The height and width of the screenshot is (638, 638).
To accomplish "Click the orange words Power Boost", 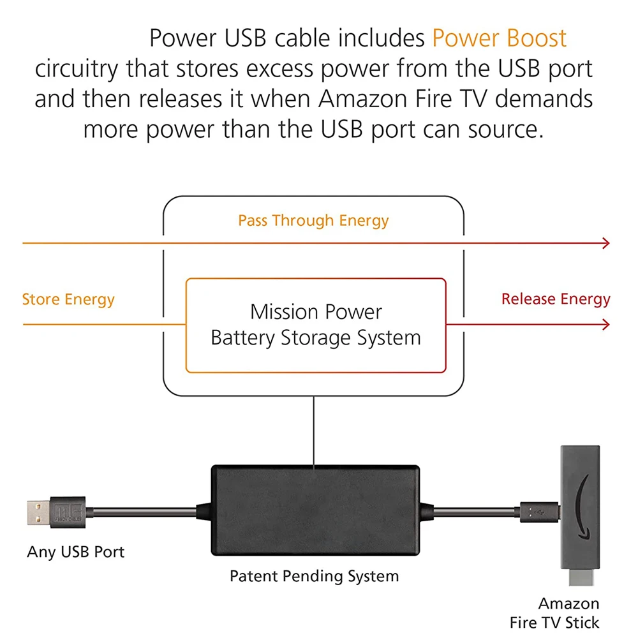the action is coord(500,38).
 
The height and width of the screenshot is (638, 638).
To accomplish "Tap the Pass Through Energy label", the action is coord(313,221).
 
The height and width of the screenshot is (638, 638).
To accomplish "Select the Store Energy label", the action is coord(68,299).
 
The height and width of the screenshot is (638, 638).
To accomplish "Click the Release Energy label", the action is coord(556,299).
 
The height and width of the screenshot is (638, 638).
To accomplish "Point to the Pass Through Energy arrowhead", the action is coord(606,243).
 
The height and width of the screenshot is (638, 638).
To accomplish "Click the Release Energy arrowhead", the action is coord(606,325).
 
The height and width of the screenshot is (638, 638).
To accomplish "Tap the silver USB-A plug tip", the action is coord(39,512).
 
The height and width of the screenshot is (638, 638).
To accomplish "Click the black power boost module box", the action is coord(315,510).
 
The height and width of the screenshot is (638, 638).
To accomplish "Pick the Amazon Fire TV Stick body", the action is coord(580,507).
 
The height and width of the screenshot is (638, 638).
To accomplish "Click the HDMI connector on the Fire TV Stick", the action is coord(581,577).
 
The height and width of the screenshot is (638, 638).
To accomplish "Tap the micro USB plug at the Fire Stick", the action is coord(540,512).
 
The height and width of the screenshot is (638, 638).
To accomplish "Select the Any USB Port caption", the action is coord(76,552).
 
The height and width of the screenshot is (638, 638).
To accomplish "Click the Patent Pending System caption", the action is coord(314,577).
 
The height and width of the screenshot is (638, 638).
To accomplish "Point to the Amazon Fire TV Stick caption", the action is coord(554,612).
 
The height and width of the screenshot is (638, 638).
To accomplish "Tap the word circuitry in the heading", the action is coord(77,69).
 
